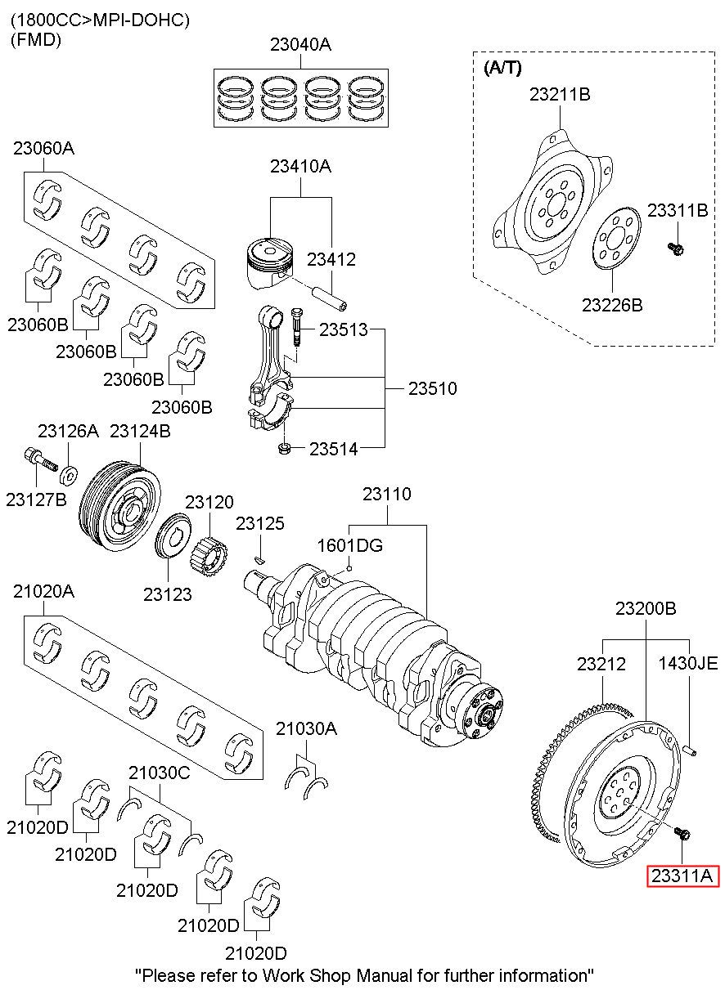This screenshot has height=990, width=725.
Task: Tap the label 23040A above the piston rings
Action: [x=300, y=45]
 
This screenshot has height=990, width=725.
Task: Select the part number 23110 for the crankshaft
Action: [x=387, y=494]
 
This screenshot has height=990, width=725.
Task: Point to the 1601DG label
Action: [x=350, y=545]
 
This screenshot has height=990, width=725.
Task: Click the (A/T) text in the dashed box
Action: [x=502, y=68]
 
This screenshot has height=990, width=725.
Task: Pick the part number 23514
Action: [x=333, y=449]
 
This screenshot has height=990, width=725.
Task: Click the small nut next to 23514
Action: [x=284, y=449]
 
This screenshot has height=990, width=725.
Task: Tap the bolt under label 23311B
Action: [x=675, y=249]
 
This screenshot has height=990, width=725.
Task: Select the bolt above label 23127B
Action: [x=41, y=459]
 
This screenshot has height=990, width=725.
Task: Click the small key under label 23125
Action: [x=260, y=561]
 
